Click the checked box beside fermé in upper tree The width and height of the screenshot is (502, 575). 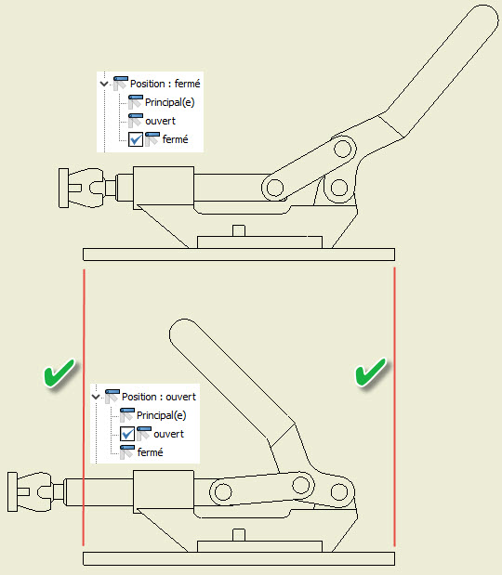pyautogui.click(x=136, y=139)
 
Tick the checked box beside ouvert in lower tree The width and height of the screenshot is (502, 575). pyautogui.click(x=127, y=434)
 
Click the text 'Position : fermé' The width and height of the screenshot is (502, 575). pyautogui.click(x=165, y=84)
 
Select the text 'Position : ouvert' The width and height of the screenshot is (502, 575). pyautogui.click(x=159, y=397)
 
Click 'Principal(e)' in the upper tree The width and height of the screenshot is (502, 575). pyautogui.click(x=169, y=102)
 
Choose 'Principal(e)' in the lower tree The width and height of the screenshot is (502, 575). pyautogui.click(x=161, y=415)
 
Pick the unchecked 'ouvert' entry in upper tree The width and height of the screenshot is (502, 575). pyautogui.click(x=160, y=121)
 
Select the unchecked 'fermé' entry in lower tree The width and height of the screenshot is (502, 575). pyautogui.click(x=150, y=452)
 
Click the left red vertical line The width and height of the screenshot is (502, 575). pyautogui.click(x=84, y=407)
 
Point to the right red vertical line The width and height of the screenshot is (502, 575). pyautogui.click(x=394, y=406)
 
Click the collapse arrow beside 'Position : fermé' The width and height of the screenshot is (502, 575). pyautogui.click(x=104, y=84)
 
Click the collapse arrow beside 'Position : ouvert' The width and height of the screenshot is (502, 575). pyautogui.click(x=96, y=397)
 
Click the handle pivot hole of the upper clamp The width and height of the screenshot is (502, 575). pyautogui.click(x=343, y=150)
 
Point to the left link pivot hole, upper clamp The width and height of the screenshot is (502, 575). pyautogui.click(x=275, y=188)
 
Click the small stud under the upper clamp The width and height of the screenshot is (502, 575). pyautogui.click(x=239, y=230)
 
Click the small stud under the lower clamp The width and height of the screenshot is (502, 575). pyautogui.click(x=239, y=535)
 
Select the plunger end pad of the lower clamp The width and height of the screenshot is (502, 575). pyautogui.click(x=12, y=491)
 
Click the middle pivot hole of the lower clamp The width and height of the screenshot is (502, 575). pyautogui.click(x=301, y=485)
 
